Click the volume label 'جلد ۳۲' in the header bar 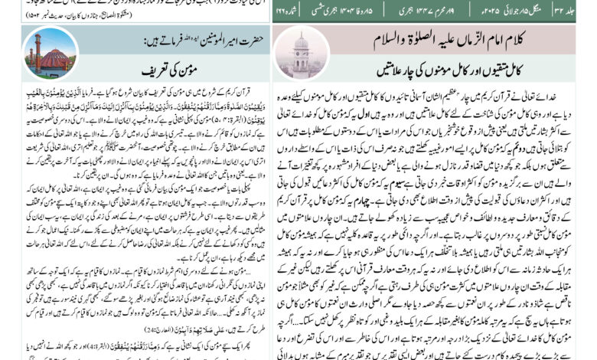[x=577, y=8]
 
